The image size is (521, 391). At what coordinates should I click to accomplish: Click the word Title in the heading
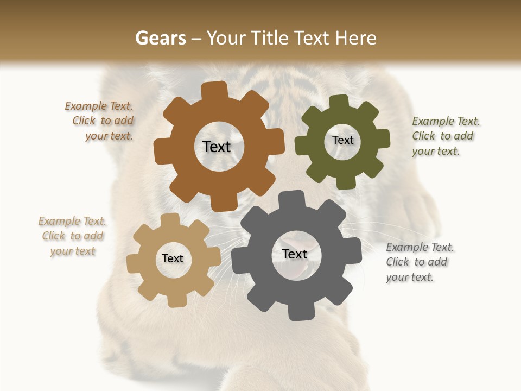pyautogui.click(x=270, y=38)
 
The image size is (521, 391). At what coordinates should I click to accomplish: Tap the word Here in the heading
pyautogui.click(x=355, y=38)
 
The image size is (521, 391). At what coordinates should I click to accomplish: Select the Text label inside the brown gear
pyautogui.click(x=217, y=147)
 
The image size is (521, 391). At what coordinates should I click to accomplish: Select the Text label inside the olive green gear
pyautogui.click(x=342, y=140)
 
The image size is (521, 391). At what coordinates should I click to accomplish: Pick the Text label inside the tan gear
pyautogui.click(x=173, y=259)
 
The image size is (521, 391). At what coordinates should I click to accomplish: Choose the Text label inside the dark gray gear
pyautogui.click(x=295, y=254)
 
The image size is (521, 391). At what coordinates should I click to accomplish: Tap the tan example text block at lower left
pyautogui.click(x=73, y=236)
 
